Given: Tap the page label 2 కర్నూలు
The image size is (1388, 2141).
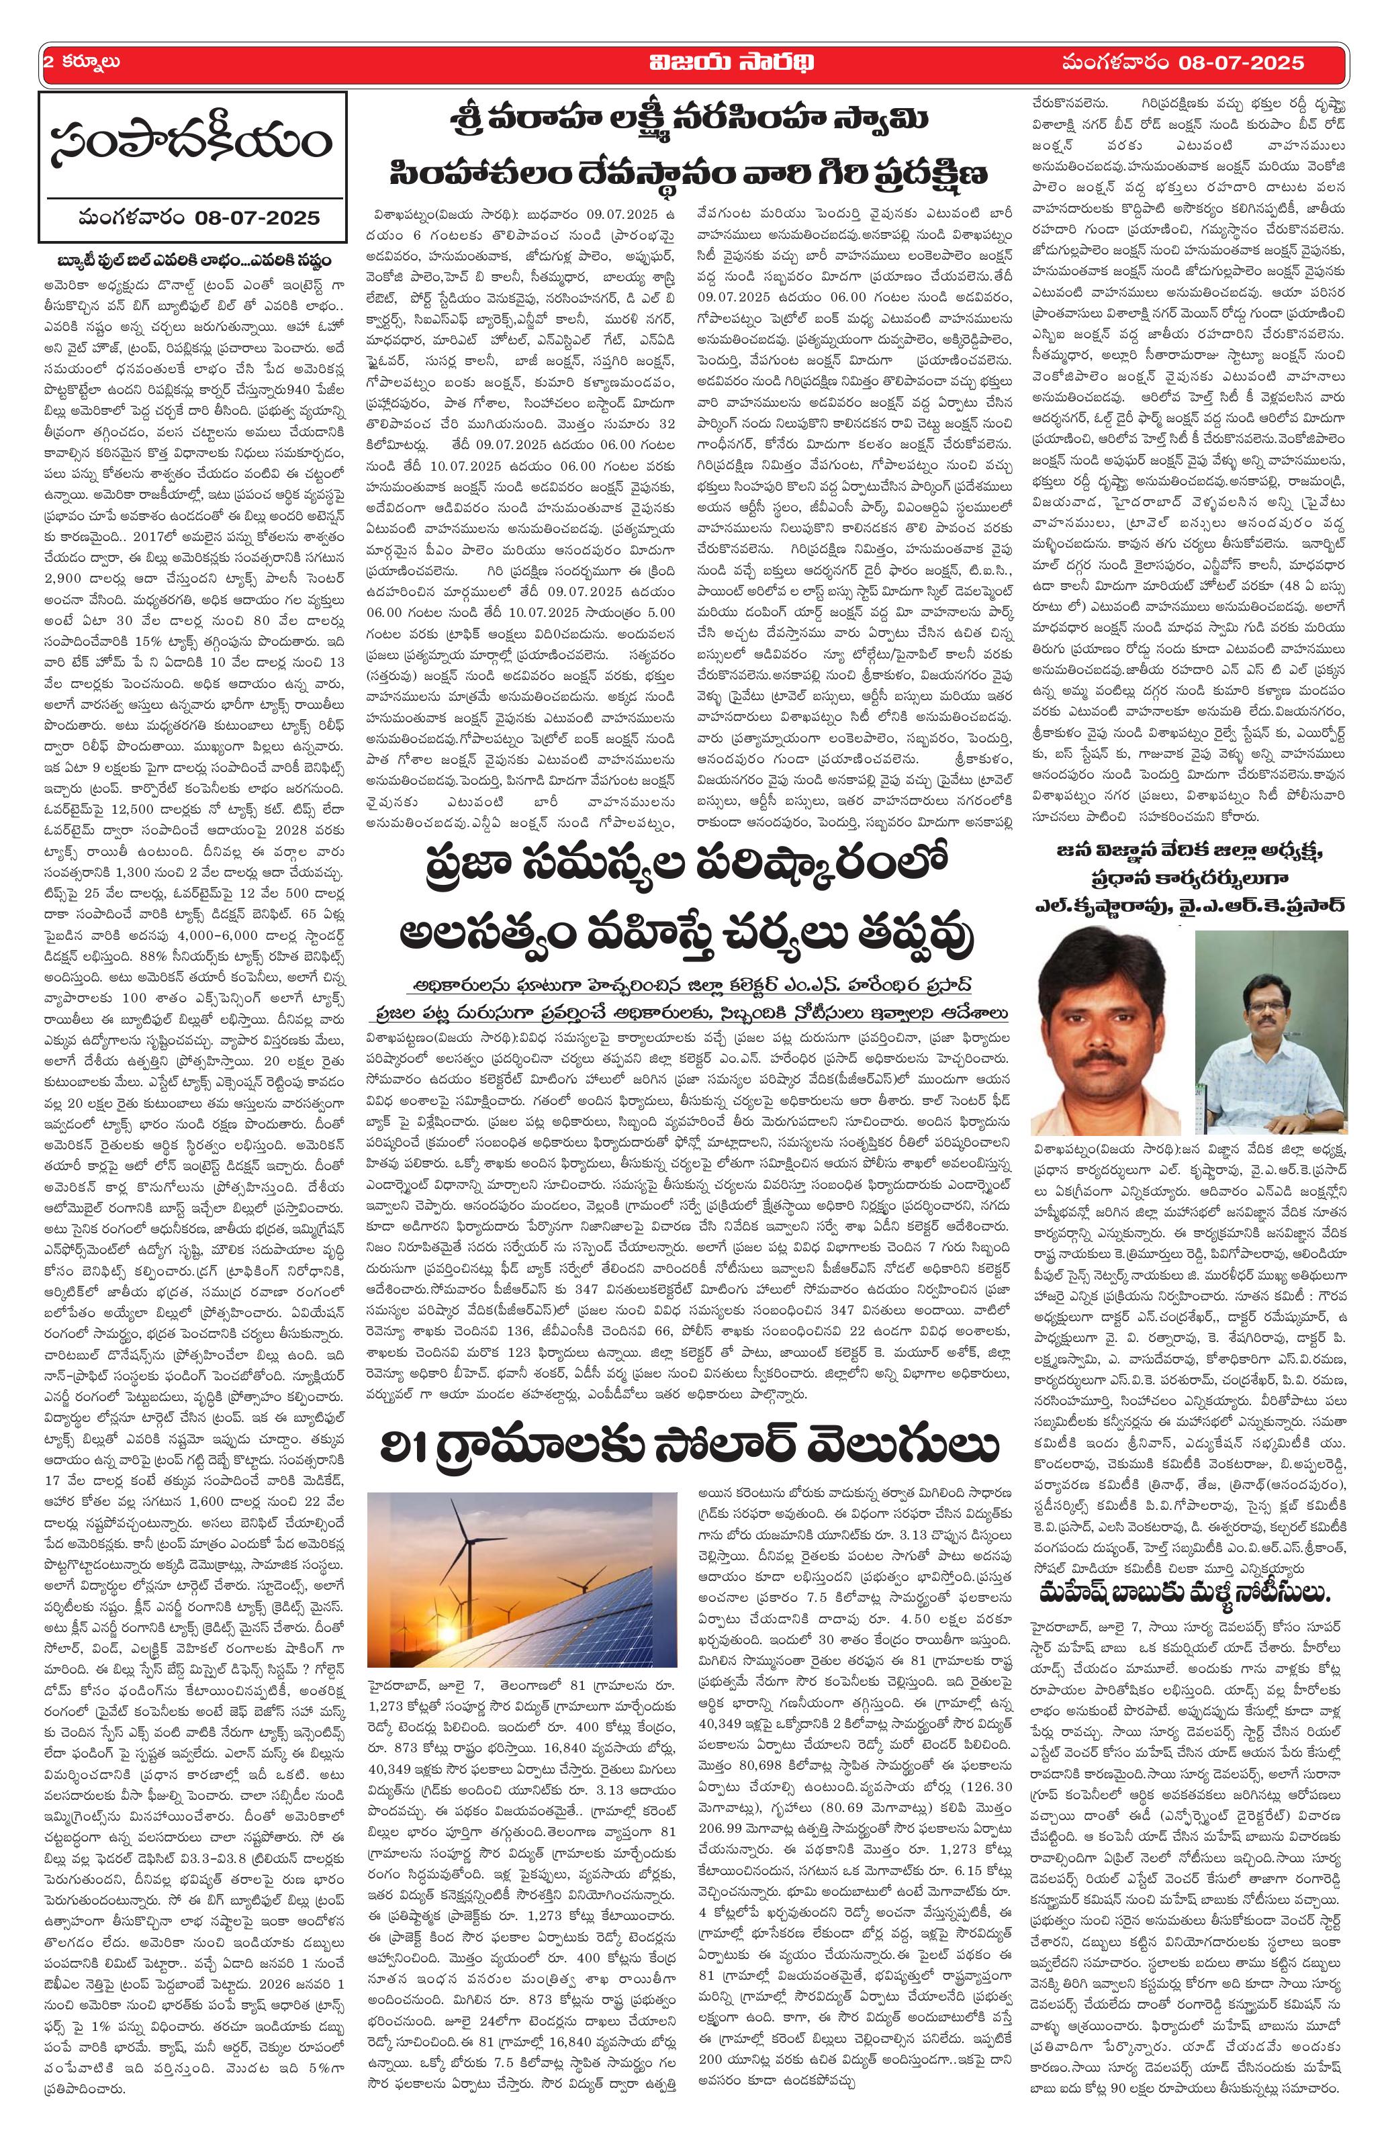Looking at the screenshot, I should pos(82,63).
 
